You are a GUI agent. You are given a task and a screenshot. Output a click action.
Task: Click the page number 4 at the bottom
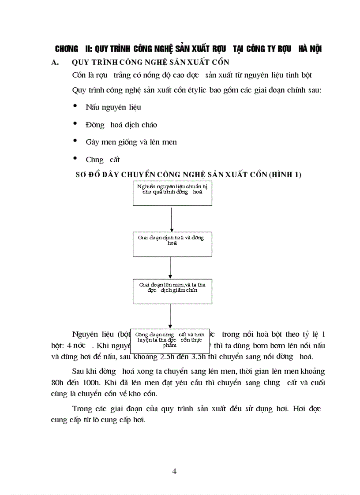pos(174,471)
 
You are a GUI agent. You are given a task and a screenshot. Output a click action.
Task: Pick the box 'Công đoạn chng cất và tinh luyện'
pos(170,339)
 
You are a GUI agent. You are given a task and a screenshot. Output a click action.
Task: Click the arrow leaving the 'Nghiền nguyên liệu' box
pos(171,218)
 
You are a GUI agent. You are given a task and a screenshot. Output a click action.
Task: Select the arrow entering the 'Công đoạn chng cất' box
pos(170,315)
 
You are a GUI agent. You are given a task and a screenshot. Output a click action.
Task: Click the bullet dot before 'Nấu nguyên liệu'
pos(76,106)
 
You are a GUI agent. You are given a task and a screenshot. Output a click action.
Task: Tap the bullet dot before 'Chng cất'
pos(76,158)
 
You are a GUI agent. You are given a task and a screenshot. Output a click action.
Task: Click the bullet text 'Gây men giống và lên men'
pos(131,142)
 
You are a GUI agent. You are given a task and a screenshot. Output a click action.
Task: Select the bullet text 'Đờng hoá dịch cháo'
pos(121,125)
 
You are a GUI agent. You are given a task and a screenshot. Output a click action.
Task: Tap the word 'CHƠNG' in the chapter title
pos(66,49)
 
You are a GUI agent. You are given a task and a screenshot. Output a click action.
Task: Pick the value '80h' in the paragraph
pos(58,383)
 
